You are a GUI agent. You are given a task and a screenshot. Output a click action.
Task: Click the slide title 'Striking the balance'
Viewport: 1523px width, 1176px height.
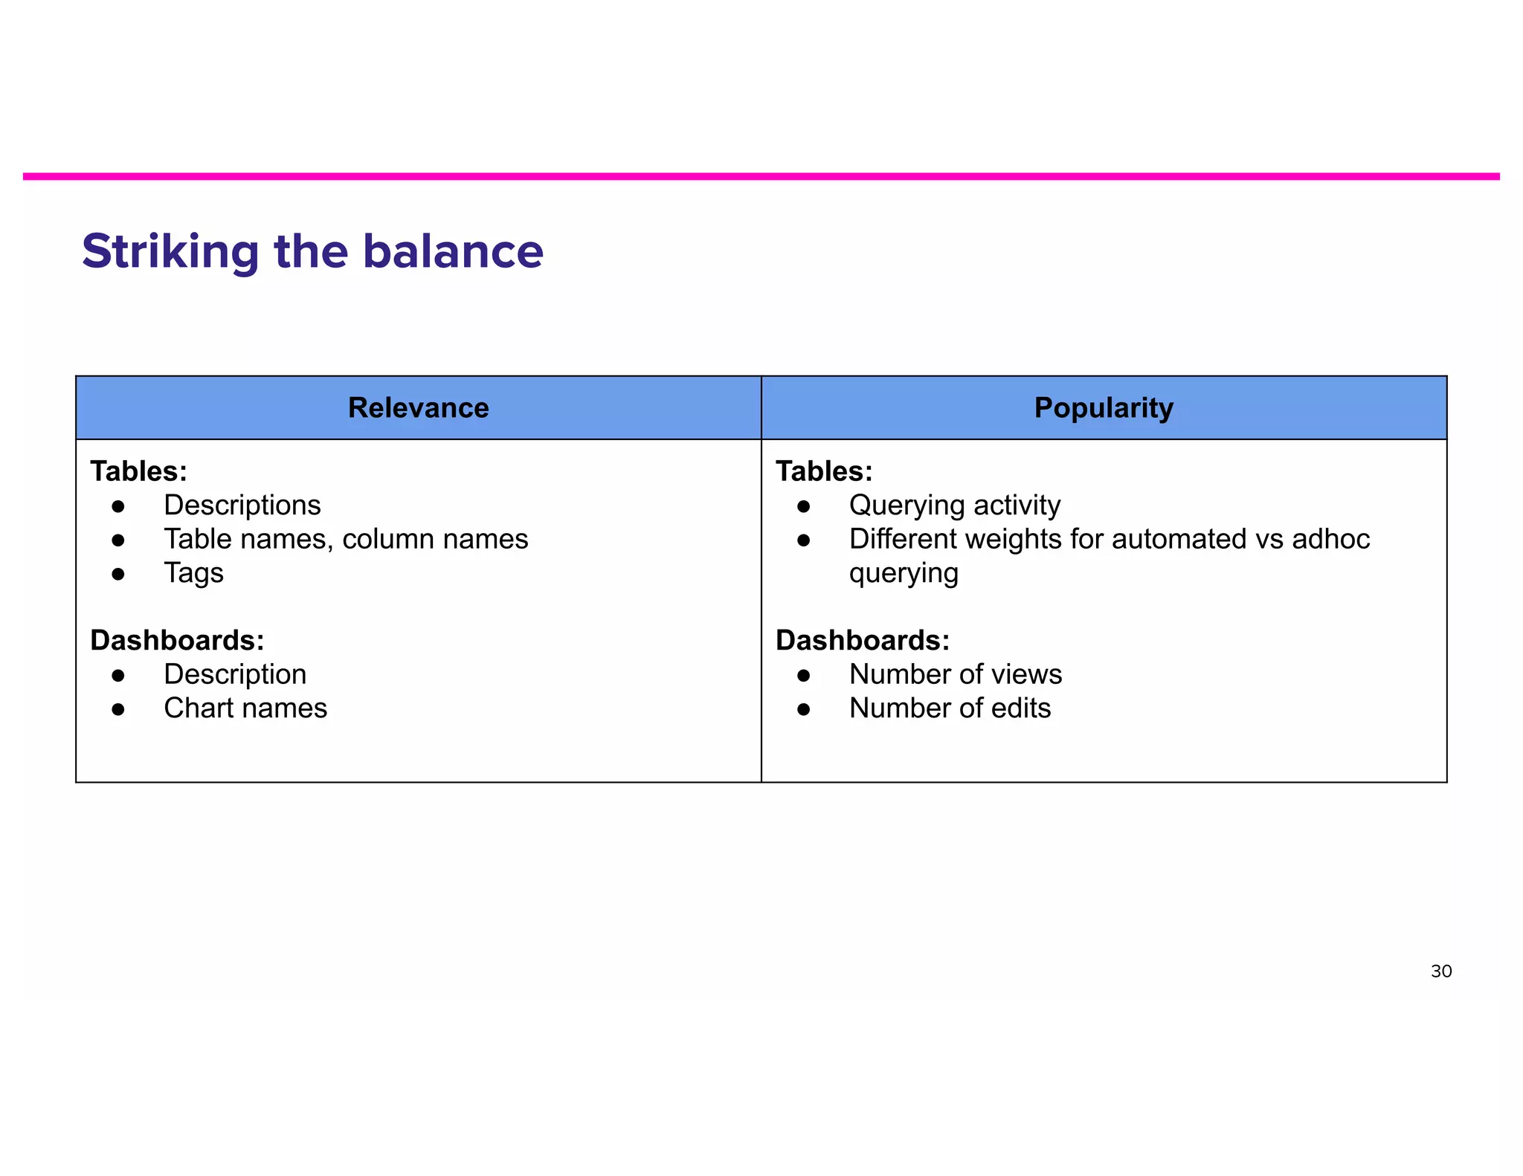coord(312,251)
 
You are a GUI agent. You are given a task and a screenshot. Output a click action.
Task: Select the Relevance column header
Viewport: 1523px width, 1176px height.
coord(418,408)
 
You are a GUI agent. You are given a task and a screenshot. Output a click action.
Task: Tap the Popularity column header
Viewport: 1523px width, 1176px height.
coord(1104,408)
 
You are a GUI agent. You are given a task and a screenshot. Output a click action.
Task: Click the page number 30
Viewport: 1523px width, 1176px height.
coord(1440,971)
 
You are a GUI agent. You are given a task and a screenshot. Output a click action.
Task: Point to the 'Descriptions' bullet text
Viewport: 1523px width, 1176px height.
coord(242,505)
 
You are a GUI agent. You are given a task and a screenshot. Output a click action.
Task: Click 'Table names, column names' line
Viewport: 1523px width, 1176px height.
coord(346,539)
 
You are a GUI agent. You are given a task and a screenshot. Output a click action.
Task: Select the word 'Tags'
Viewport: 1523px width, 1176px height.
coord(193,573)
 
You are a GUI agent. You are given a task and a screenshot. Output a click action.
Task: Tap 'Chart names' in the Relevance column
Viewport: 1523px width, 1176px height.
coord(245,708)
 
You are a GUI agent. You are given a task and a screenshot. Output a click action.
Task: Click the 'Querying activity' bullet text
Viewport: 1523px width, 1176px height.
coord(954,505)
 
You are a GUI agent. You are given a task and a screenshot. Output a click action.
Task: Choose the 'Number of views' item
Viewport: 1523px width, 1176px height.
coord(955,674)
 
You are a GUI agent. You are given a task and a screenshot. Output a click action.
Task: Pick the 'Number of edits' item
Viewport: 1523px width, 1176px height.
coord(950,708)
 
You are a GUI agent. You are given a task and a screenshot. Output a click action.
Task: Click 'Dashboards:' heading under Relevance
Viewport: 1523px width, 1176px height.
coord(177,640)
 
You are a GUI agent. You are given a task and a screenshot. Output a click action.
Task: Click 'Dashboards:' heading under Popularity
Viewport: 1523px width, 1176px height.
coord(863,640)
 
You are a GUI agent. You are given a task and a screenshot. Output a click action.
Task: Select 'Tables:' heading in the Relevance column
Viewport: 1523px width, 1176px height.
coord(138,471)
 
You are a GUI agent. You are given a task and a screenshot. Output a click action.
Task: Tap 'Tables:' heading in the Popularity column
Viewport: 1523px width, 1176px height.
coord(824,471)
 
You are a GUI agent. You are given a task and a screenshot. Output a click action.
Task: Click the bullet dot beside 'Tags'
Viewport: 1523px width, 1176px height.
coord(118,574)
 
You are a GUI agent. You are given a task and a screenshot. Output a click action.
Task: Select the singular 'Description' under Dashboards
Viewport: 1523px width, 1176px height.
coord(235,674)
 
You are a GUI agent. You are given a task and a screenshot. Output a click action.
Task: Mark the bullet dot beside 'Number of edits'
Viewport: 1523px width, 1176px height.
coord(803,709)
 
